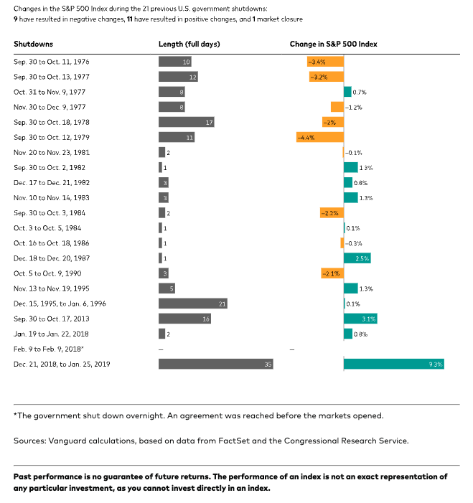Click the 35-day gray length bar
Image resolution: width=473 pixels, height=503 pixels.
[x=215, y=364]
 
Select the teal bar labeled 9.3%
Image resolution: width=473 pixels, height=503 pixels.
[x=393, y=364]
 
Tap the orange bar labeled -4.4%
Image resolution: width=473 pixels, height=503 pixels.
[x=320, y=137]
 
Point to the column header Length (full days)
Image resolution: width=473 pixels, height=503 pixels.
[x=189, y=44]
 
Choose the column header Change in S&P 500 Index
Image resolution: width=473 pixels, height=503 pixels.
[x=333, y=44]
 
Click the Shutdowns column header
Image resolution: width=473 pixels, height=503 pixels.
[x=33, y=44]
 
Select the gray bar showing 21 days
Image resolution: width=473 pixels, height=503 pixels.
[x=192, y=304]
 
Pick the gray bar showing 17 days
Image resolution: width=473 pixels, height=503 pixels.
[x=186, y=122]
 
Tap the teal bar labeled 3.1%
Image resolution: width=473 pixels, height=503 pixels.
[x=360, y=319]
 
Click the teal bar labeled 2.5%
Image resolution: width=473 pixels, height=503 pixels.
[x=357, y=258]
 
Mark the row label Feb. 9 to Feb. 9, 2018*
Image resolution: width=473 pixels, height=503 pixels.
[x=49, y=349]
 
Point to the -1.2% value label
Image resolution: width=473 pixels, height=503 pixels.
[x=353, y=107]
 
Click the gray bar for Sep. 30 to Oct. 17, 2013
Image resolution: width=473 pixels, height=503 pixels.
[x=184, y=319]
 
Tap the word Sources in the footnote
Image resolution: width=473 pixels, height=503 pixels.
[x=27, y=440]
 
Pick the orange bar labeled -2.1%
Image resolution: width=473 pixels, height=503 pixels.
[x=332, y=273]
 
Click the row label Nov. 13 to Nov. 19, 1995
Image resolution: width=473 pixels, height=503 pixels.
[x=52, y=288]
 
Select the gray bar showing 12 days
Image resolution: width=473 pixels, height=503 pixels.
[x=178, y=77]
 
